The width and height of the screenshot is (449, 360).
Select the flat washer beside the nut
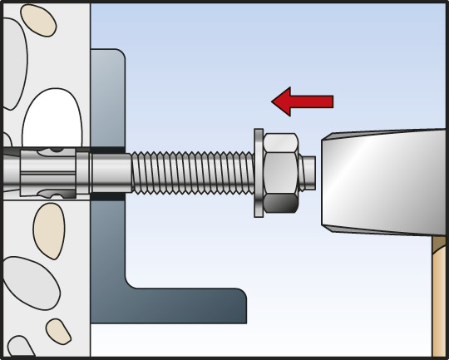click(258, 173)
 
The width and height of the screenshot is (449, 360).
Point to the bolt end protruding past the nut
click(308, 172)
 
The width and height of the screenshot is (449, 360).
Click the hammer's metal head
click(382, 180)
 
